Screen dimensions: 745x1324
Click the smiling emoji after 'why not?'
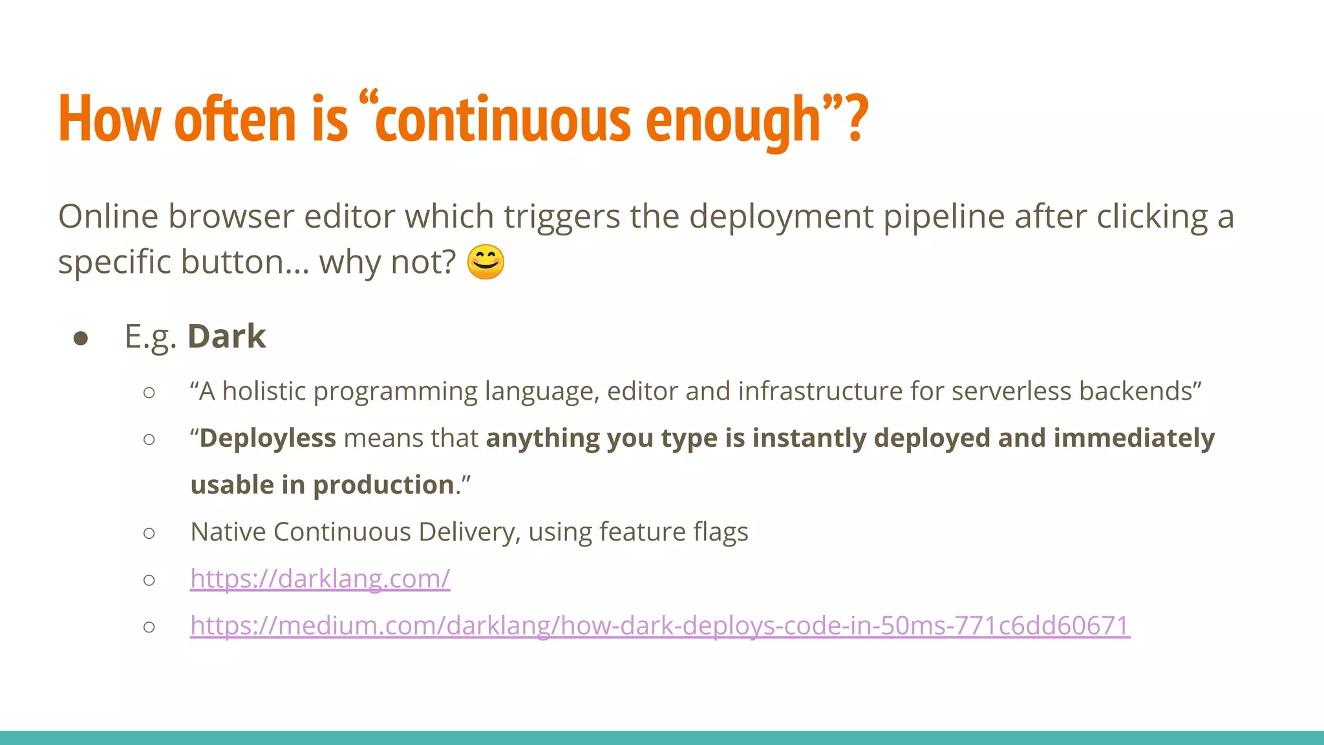tap(485, 262)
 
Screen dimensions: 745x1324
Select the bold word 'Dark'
tap(226, 336)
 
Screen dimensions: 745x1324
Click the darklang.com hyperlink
tap(320, 578)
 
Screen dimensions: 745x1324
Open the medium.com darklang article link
tap(659, 625)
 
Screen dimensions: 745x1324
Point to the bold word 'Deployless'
tap(268, 438)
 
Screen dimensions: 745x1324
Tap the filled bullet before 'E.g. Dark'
tap(81, 338)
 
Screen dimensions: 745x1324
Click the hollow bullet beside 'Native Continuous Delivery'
tap(149, 533)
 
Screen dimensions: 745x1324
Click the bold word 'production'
tap(383, 484)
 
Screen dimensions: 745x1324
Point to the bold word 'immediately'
tap(1134, 438)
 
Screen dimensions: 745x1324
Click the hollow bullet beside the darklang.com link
tap(149, 580)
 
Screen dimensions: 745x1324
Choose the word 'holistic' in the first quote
tap(264, 391)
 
